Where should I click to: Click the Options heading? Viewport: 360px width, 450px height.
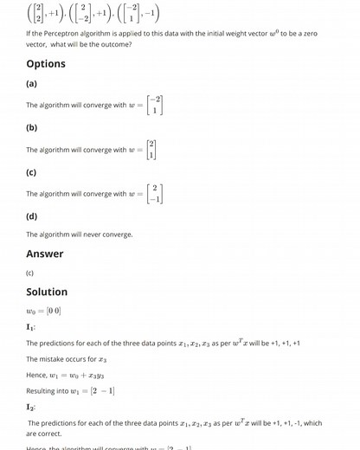coord(46,63)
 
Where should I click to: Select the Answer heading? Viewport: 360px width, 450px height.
coord(45,254)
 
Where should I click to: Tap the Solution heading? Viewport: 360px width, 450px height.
coord(47,292)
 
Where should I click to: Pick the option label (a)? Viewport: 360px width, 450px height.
coord(32,84)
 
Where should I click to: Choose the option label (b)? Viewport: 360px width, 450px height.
coord(32,128)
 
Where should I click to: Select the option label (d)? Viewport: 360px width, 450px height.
coord(32,215)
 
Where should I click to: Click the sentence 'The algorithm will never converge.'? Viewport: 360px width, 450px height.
coord(80,235)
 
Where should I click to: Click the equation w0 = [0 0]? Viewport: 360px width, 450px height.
coord(43,311)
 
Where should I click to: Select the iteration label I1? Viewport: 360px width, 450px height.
coord(31,327)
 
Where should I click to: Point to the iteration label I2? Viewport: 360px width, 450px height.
coord(31,407)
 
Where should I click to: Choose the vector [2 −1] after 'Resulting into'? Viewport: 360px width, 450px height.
coord(100,390)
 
